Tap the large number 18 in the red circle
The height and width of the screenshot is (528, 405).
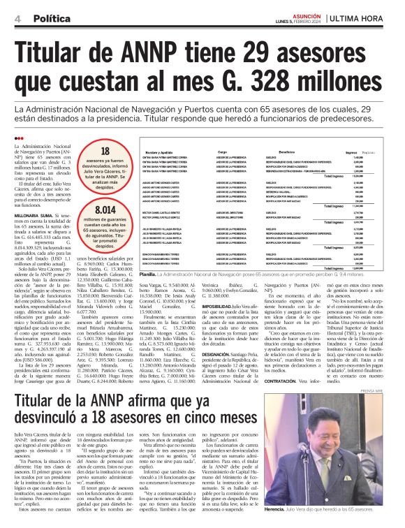click(105, 152)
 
